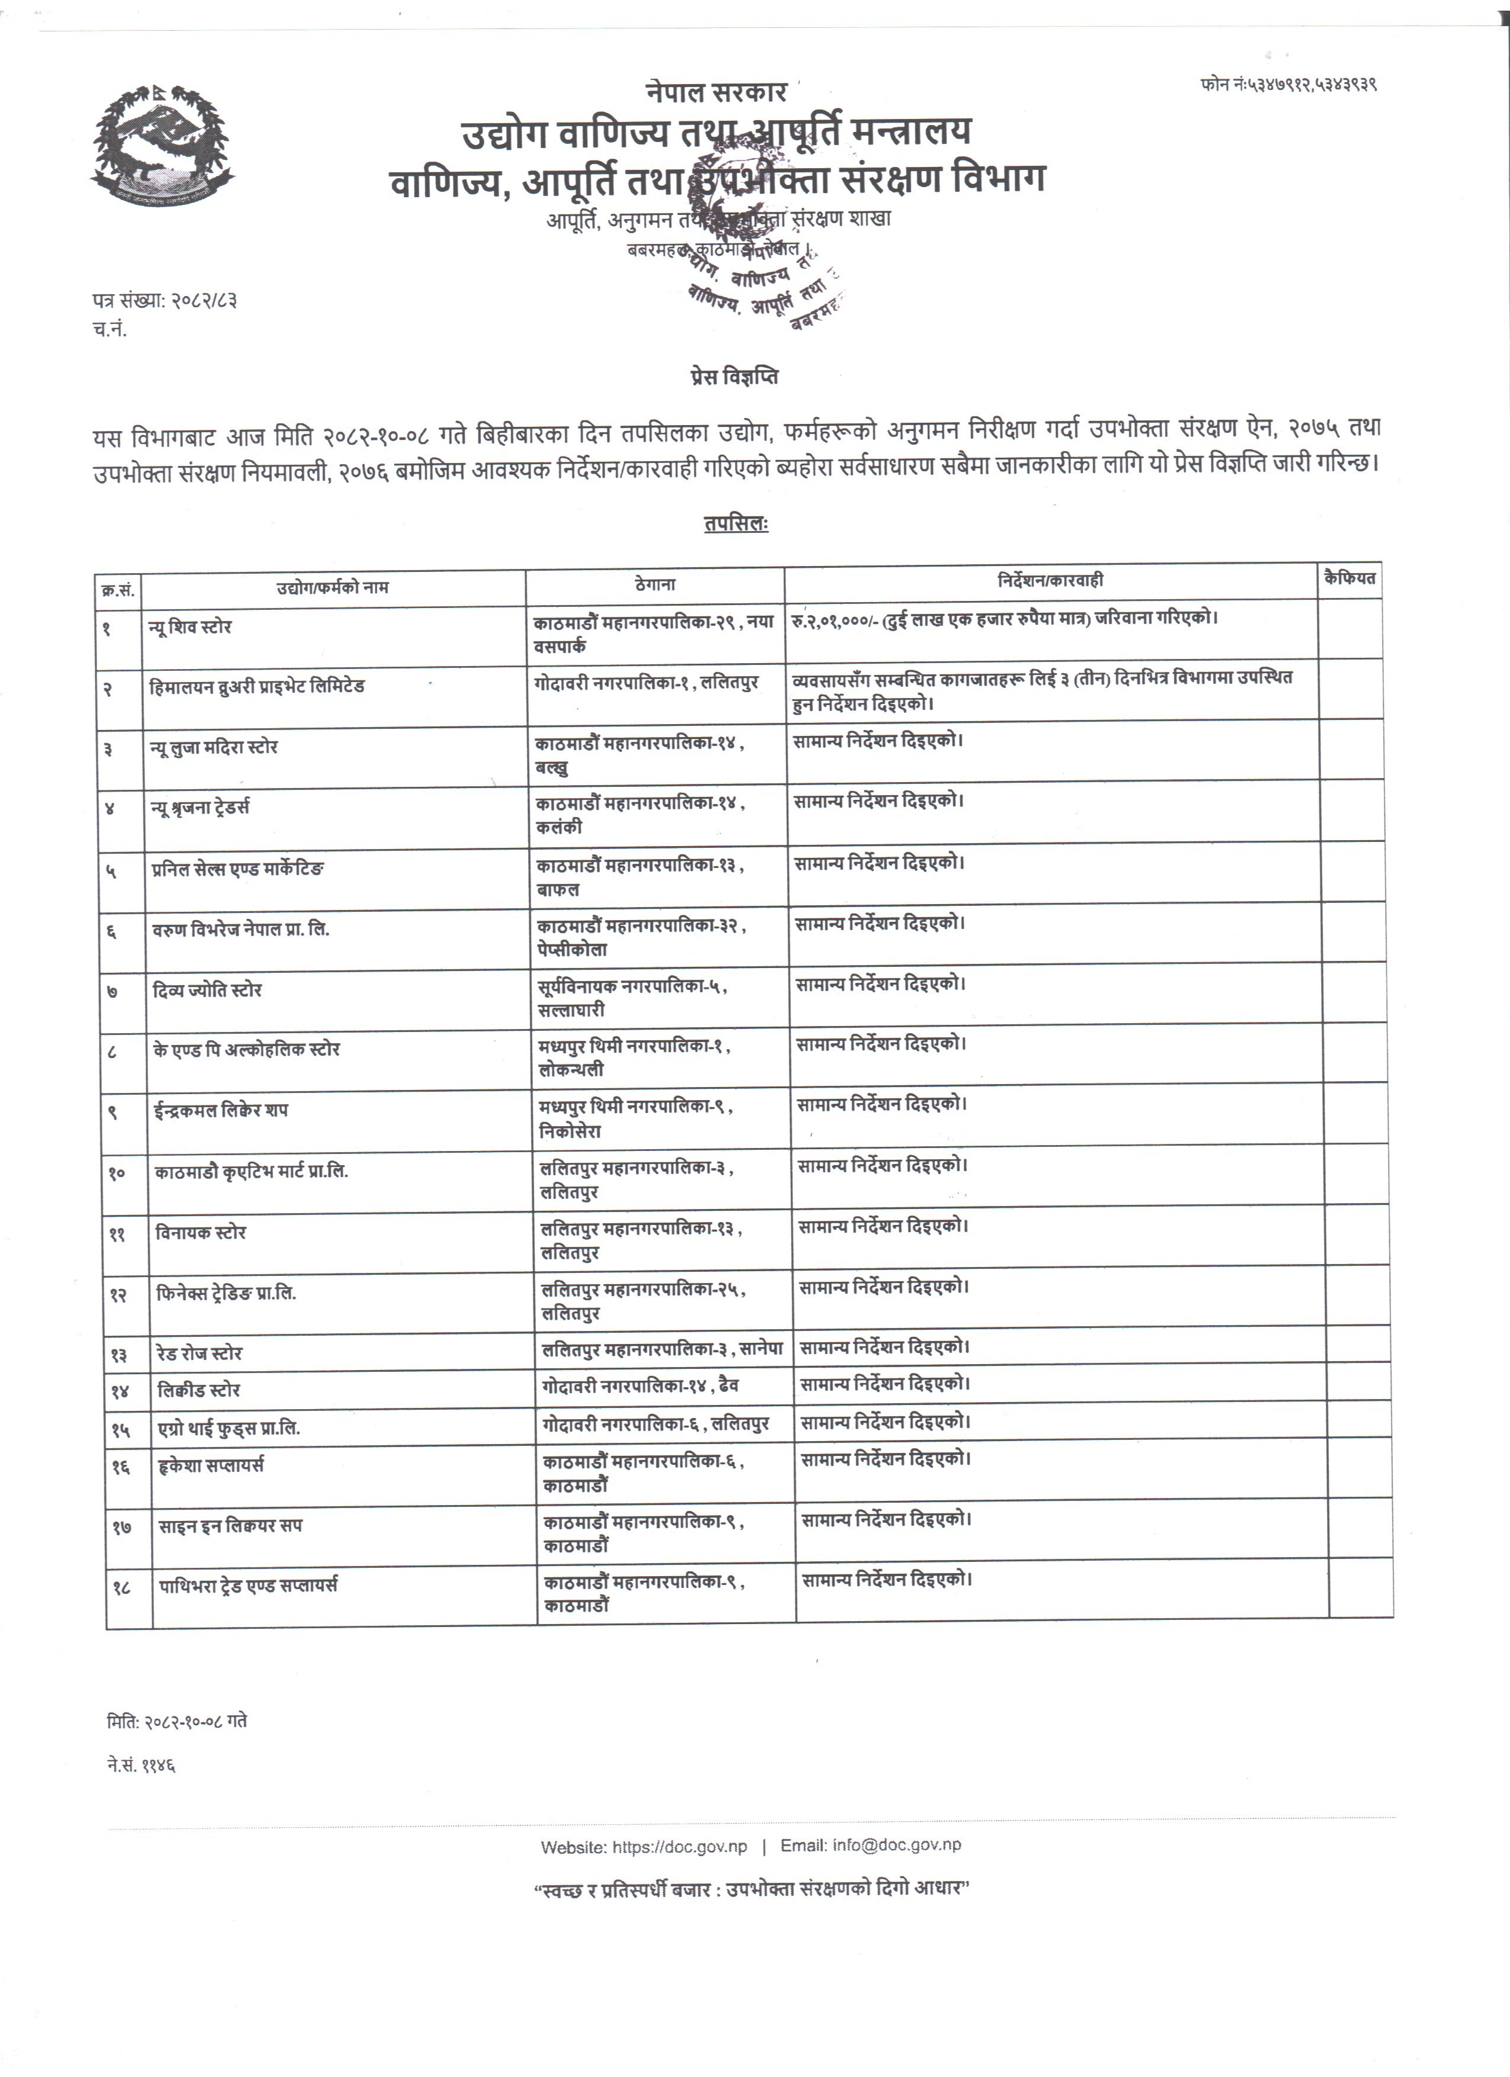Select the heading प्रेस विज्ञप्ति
point(734,377)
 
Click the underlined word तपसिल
point(735,524)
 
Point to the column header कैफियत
point(1349,579)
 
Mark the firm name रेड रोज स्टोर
point(200,1353)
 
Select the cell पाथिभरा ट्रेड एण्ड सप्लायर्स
point(248,1584)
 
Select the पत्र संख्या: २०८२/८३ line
point(165,300)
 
